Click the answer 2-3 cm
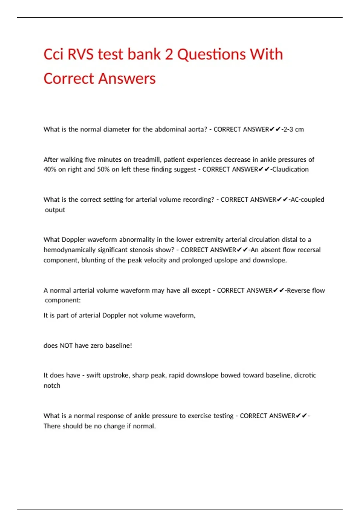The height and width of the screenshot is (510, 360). tap(293, 129)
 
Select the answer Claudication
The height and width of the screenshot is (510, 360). tap(290, 169)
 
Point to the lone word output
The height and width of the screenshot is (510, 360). tap(55, 210)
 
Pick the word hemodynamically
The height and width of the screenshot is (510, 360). tap(70, 250)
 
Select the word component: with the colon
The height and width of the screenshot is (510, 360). tap(63, 300)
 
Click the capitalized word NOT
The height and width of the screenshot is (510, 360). tap(66, 346)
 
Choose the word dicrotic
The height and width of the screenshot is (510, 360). tap(305, 375)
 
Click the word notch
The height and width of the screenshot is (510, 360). tap(52, 385)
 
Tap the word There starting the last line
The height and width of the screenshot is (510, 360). tap(52, 426)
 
